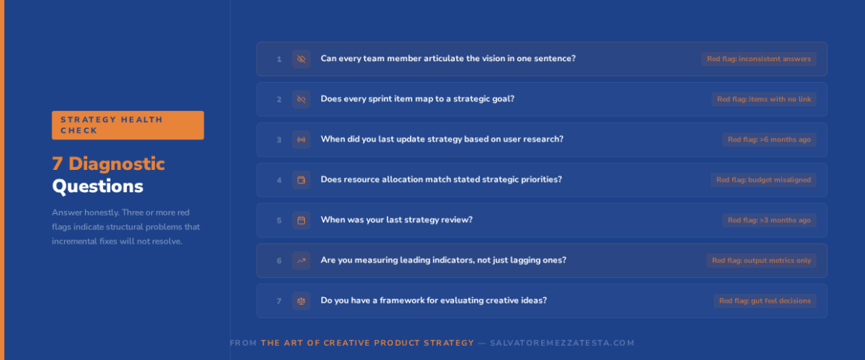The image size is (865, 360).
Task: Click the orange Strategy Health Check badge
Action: click(128, 125)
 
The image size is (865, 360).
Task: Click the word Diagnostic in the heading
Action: click(116, 164)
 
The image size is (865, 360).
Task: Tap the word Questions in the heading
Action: click(98, 186)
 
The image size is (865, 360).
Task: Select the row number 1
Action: click(279, 59)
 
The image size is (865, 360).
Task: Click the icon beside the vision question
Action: click(301, 59)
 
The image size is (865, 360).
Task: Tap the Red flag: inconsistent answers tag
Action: click(759, 59)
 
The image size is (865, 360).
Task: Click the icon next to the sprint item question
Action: click(301, 99)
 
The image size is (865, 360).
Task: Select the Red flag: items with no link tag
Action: click(764, 99)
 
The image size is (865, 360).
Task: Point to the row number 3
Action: click(279, 139)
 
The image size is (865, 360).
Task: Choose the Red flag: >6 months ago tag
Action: click(770, 139)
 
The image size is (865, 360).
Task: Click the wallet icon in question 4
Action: click(301, 180)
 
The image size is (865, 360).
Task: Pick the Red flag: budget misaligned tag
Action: click(764, 180)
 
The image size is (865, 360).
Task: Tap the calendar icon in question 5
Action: click(301, 221)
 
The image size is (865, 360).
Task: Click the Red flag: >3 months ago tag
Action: click(770, 221)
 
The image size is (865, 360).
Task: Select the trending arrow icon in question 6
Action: click(301, 261)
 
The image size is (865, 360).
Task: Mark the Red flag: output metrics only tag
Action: click(761, 261)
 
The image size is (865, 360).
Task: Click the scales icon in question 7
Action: click(301, 301)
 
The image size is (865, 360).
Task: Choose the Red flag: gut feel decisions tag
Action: click(765, 301)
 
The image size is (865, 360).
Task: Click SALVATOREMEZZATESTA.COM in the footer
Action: click(562, 343)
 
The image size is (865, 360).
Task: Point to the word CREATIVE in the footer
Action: click(347, 343)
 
